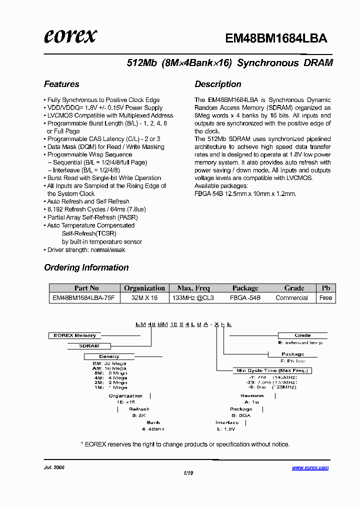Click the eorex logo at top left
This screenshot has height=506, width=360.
[x=70, y=36]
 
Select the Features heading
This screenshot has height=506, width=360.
[x=61, y=84]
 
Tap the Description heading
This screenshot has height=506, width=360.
[x=218, y=84]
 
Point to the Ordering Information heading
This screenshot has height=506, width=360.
[x=86, y=267]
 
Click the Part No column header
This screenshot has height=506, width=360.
[x=86, y=288]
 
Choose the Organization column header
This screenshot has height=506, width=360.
[x=144, y=288]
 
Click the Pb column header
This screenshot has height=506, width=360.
[x=325, y=288]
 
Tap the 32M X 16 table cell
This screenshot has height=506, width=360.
[x=144, y=297]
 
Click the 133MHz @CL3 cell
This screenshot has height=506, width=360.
[x=193, y=297]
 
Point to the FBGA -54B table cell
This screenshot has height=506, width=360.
[x=245, y=297]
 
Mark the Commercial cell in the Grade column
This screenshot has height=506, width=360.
[x=291, y=297]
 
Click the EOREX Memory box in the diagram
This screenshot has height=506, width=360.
[x=74, y=335]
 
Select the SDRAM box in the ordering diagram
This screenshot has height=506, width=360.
[x=89, y=346]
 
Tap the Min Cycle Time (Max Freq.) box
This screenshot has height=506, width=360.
[x=272, y=370]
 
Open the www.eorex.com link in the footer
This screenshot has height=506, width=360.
[x=310, y=468]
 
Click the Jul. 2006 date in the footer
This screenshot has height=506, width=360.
[x=54, y=468]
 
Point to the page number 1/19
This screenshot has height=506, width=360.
[x=188, y=472]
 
